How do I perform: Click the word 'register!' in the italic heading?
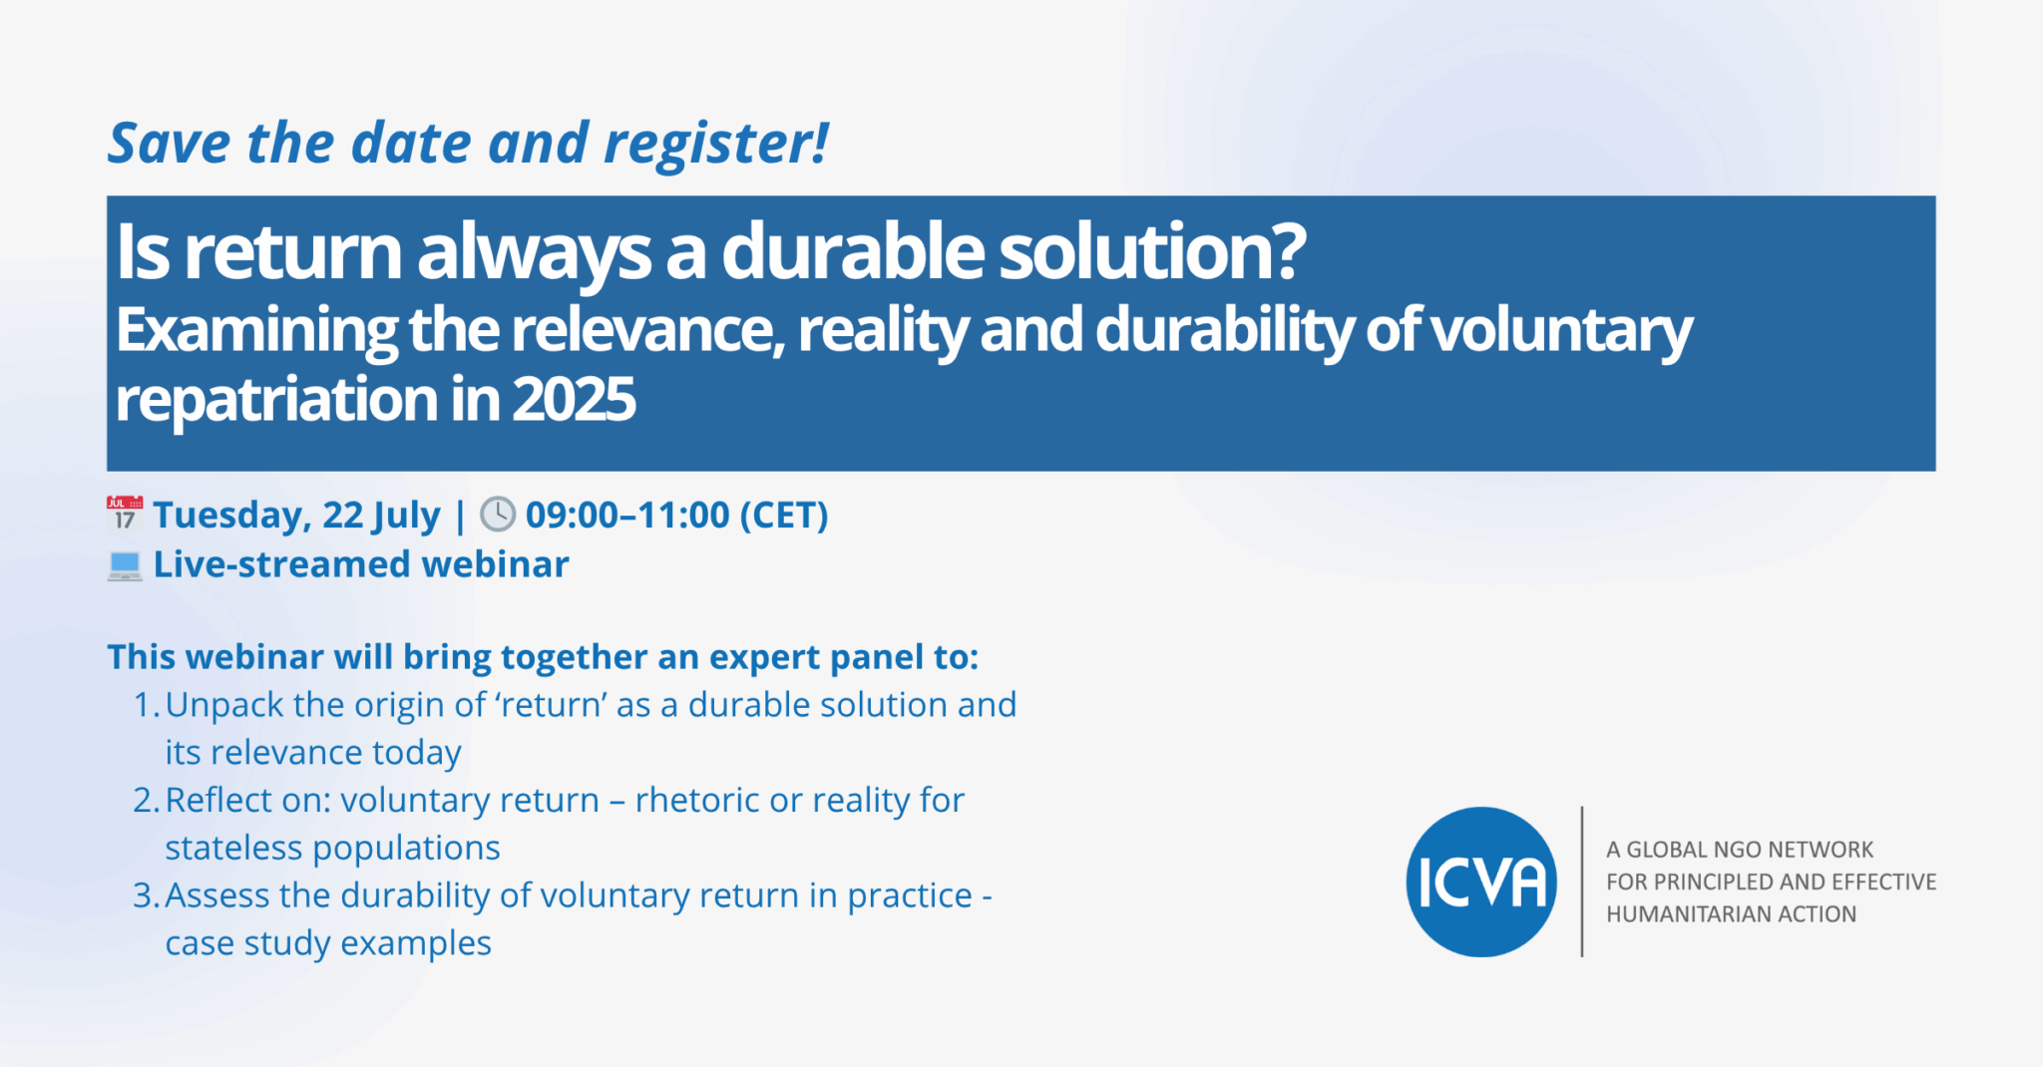(x=716, y=144)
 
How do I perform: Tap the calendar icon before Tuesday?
(x=125, y=514)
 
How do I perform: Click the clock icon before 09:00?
(x=498, y=515)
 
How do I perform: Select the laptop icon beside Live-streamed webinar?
(x=125, y=565)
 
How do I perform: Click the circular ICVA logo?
(x=1481, y=883)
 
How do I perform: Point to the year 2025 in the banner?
(x=574, y=401)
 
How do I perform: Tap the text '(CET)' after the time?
(x=783, y=516)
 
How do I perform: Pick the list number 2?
(x=145, y=801)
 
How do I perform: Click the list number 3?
(x=145, y=896)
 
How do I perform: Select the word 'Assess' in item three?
(x=217, y=896)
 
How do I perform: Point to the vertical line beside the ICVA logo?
(x=1582, y=883)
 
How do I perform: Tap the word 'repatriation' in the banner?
(x=276, y=401)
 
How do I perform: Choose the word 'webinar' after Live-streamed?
(x=495, y=565)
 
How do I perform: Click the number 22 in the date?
(x=342, y=516)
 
